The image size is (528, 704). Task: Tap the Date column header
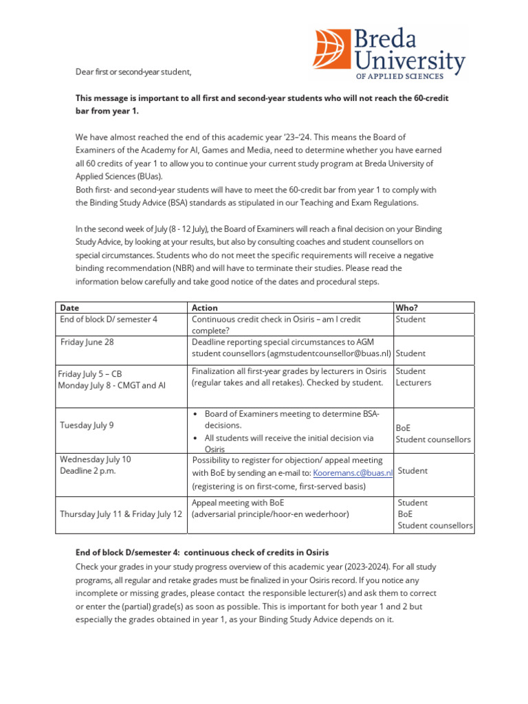69,308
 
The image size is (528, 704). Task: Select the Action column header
205,308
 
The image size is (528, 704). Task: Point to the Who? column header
406,308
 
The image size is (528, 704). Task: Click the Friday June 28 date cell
87,342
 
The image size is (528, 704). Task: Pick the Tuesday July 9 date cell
87,425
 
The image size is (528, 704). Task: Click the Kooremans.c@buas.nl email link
352,473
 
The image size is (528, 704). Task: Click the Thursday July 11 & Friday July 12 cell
121,514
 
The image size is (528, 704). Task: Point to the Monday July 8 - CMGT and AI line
111,386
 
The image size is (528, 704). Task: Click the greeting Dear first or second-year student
133,72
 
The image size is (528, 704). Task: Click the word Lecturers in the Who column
414,382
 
